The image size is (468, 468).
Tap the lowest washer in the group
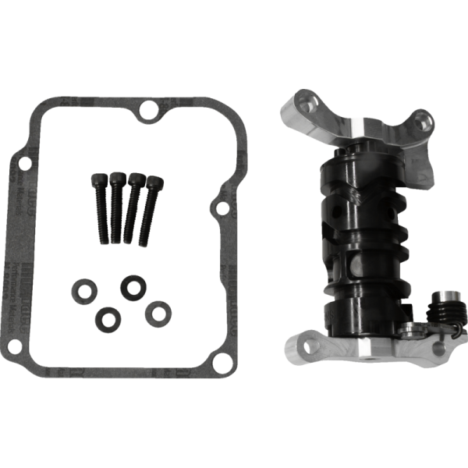click(105, 318)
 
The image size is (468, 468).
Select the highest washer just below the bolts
click(130, 286)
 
